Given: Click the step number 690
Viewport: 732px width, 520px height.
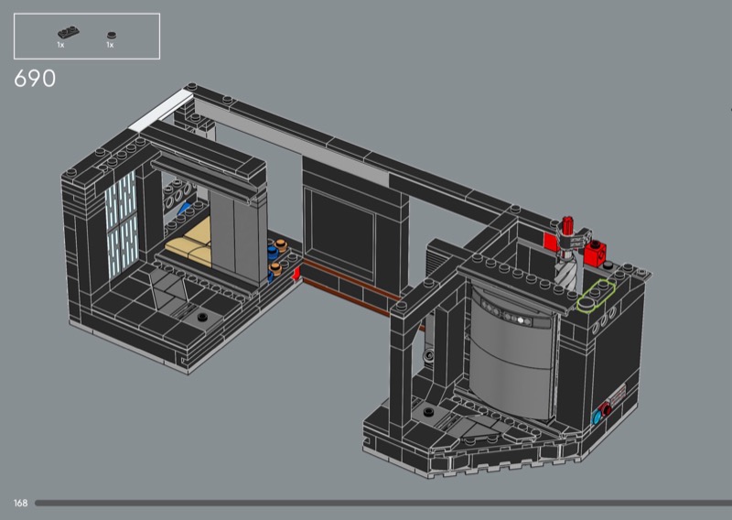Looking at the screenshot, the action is (35, 79).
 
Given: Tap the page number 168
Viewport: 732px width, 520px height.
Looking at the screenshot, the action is (20, 504).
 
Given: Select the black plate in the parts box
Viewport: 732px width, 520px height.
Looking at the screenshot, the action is (68, 33).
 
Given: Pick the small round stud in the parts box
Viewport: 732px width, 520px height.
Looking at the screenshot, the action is (111, 35).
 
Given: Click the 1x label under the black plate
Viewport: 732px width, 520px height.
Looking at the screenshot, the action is (60, 45).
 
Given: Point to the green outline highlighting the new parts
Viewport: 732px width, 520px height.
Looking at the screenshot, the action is (597, 295).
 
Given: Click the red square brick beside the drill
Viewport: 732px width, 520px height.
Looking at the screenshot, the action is (596, 254).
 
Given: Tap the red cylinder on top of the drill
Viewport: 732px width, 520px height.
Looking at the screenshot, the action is (567, 225).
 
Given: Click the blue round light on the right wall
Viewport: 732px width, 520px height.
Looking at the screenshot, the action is (597, 417).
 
